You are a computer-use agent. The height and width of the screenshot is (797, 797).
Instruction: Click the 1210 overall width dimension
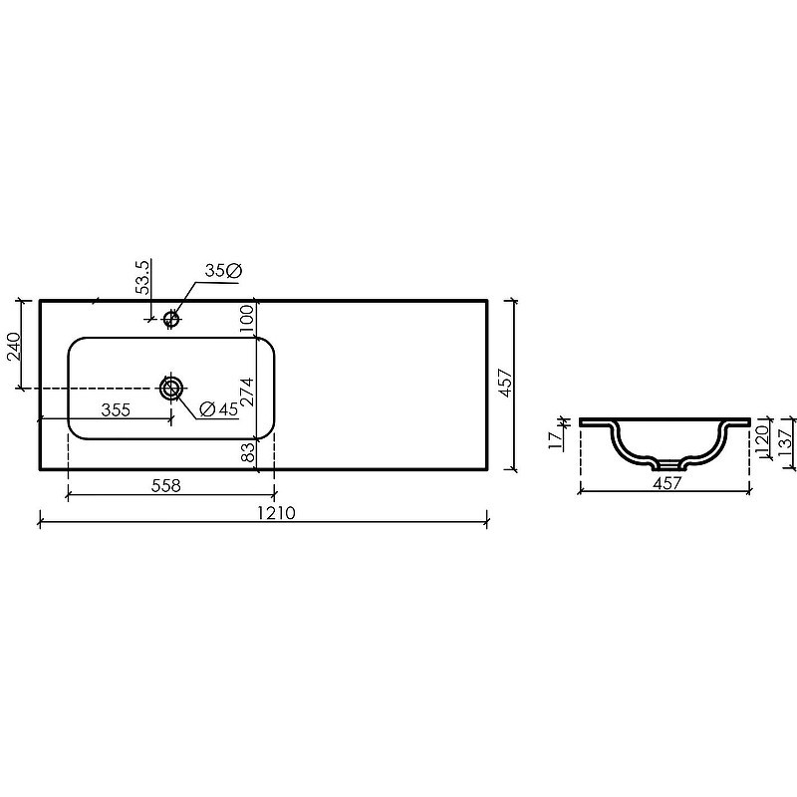pyautogui.click(x=276, y=513)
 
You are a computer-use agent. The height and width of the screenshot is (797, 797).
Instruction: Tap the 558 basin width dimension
pyautogui.click(x=166, y=485)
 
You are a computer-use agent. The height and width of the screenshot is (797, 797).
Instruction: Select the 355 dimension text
pyautogui.click(x=116, y=409)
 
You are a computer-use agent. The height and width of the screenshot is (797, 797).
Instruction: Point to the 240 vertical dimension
pyautogui.click(x=13, y=346)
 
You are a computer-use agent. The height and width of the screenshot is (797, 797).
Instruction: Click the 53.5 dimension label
pyautogui.click(x=143, y=278)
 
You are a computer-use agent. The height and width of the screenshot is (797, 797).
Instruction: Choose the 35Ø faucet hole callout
pyautogui.click(x=223, y=270)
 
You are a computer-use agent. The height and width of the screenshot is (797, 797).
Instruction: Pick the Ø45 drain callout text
pyautogui.click(x=218, y=408)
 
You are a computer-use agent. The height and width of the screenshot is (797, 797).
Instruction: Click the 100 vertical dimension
pyautogui.click(x=246, y=318)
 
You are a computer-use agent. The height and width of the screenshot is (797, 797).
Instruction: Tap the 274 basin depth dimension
pyautogui.click(x=246, y=392)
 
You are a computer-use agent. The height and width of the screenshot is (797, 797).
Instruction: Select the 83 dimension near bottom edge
pyautogui.click(x=247, y=452)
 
